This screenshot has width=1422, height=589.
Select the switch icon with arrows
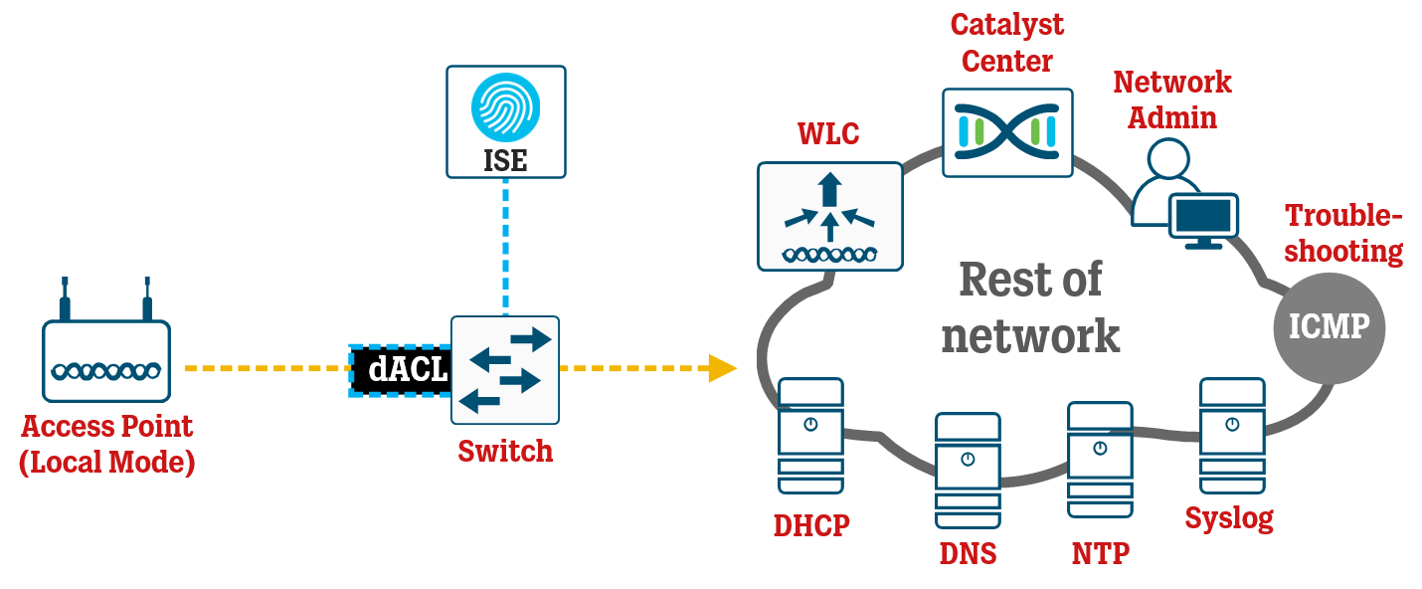coord(505,370)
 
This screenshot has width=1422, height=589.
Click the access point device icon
coord(106,358)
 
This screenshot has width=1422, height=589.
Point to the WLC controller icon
coord(829,216)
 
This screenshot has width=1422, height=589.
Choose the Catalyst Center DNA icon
coord(1007,132)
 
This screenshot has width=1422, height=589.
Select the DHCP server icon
coord(810,436)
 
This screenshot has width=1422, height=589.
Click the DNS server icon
coord(967,471)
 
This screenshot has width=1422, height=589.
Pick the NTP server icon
coord(1100,460)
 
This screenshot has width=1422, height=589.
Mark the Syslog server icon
coord(1232,435)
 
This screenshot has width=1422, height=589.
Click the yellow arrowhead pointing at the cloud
coord(722,368)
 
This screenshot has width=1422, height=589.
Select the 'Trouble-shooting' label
coord(1343,233)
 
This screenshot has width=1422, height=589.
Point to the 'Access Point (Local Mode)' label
coord(106,445)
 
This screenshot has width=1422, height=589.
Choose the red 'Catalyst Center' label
coord(1006,43)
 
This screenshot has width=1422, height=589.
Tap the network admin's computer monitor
coord(1203,217)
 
